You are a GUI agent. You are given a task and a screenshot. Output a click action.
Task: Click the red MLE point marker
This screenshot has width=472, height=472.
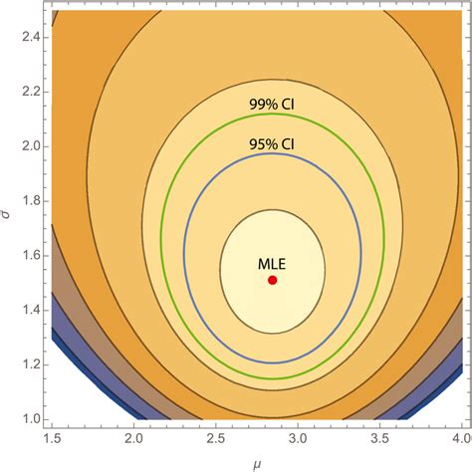click(x=273, y=280)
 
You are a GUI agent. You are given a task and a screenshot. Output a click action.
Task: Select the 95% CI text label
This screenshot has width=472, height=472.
click(x=272, y=143)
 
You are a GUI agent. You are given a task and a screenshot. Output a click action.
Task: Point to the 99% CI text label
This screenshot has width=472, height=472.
click(x=272, y=103)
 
